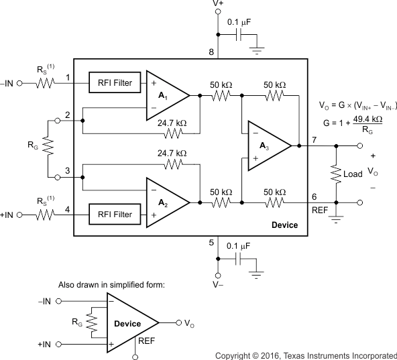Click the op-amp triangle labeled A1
164,95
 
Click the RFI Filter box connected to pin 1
113,83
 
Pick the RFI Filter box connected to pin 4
113,215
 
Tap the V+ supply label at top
219,4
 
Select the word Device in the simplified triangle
127,324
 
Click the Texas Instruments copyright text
305,354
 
